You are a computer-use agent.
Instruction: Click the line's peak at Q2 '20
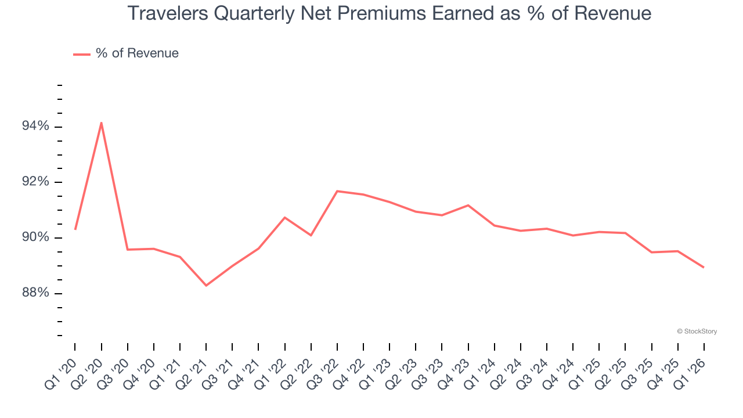(102, 122)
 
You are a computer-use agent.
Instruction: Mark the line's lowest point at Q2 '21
(206, 285)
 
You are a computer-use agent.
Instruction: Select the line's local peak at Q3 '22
(337, 191)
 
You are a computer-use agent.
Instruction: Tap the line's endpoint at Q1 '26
(704, 267)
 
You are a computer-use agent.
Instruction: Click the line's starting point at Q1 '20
(75, 229)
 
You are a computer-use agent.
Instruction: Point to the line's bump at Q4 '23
(468, 205)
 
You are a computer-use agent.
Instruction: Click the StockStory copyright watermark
(697, 331)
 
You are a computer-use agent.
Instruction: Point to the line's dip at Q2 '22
(311, 235)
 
